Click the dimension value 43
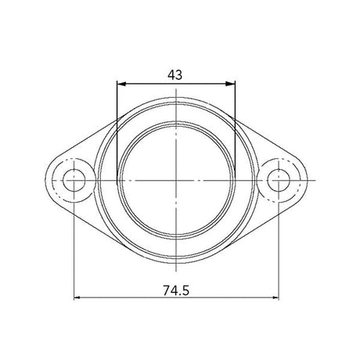click(x=175, y=74)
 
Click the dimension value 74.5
click(x=177, y=289)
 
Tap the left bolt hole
click(x=74, y=180)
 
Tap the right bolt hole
click(x=279, y=180)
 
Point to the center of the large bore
click(x=176, y=180)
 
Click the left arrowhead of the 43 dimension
click(x=120, y=83)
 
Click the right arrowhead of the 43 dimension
click(x=232, y=83)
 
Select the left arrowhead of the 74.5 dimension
click(x=77, y=298)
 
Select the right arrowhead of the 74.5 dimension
click(x=275, y=298)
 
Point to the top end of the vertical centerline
click(x=176, y=87)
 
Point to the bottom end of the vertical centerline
click(x=176, y=273)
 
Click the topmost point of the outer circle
click(x=176, y=98)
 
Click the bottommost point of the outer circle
click(x=176, y=263)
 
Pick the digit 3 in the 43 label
click(x=180, y=74)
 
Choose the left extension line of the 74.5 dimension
click(x=74, y=250)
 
